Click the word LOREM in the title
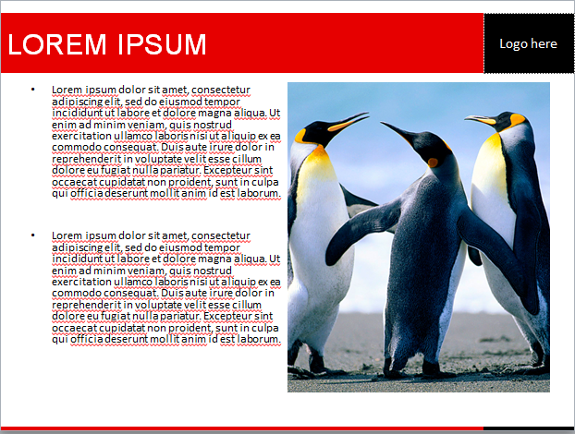57,44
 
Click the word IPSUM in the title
162,44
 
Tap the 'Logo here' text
528,44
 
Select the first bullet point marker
33,90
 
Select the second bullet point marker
33,235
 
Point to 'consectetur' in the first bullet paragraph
221,90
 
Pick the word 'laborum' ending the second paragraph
259,339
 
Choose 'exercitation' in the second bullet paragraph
81,282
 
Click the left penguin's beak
348,122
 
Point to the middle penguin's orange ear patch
433,163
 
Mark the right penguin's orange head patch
518,120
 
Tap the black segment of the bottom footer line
529,428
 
